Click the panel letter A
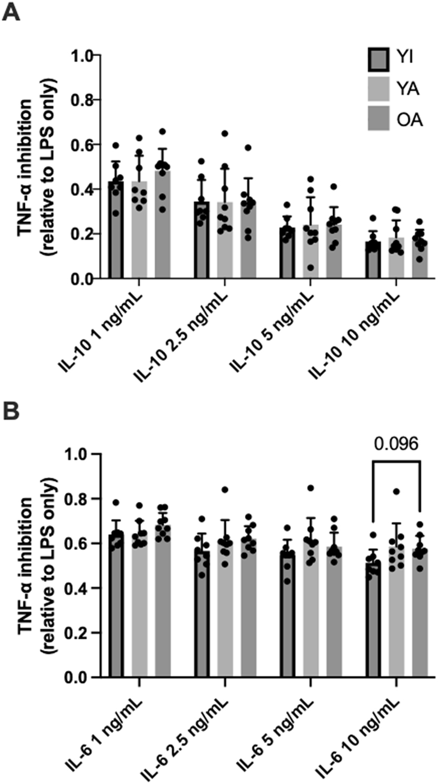point(12,11)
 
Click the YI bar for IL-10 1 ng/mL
point(116,232)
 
